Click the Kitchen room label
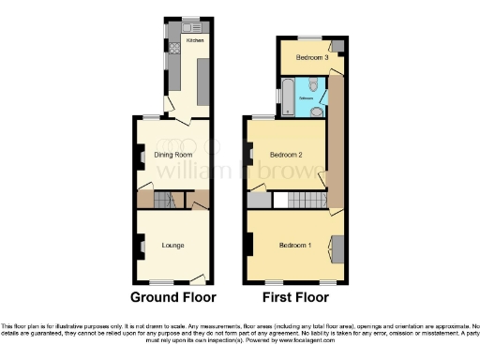pyautogui.click(x=194, y=41)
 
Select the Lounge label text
pyautogui.click(x=172, y=246)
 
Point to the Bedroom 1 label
pyautogui.click(x=296, y=246)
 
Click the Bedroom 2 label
pyautogui.click(x=287, y=155)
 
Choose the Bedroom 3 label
pyautogui.click(x=311, y=58)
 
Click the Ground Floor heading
pyautogui.click(x=172, y=297)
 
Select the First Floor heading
pyautogui.click(x=296, y=297)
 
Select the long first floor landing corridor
pyautogui.click(x=336, y=141)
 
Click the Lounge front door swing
pyautogui.click(x=200, y=277)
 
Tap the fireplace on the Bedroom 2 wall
pyautogui.click(x=249, y=153)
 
